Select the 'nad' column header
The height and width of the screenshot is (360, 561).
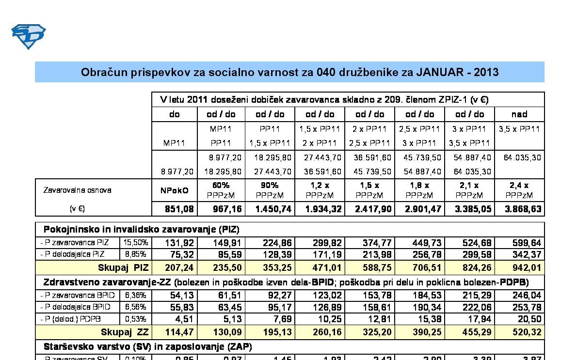[x=519, y=114]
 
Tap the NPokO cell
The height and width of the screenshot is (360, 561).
[x=174, y=190]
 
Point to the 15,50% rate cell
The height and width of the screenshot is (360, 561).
[x=136, y=242]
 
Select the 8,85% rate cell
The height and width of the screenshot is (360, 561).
[x=136, y=254]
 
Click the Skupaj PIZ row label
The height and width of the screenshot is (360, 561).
[x=123, y=267]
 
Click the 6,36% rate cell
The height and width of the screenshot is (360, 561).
[x=136, y=295]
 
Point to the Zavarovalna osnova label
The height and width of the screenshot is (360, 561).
[x=77, y=190]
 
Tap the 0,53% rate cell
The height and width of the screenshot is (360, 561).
[x=136, y=319]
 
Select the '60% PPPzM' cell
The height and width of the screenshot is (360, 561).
[x=221, y=190]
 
